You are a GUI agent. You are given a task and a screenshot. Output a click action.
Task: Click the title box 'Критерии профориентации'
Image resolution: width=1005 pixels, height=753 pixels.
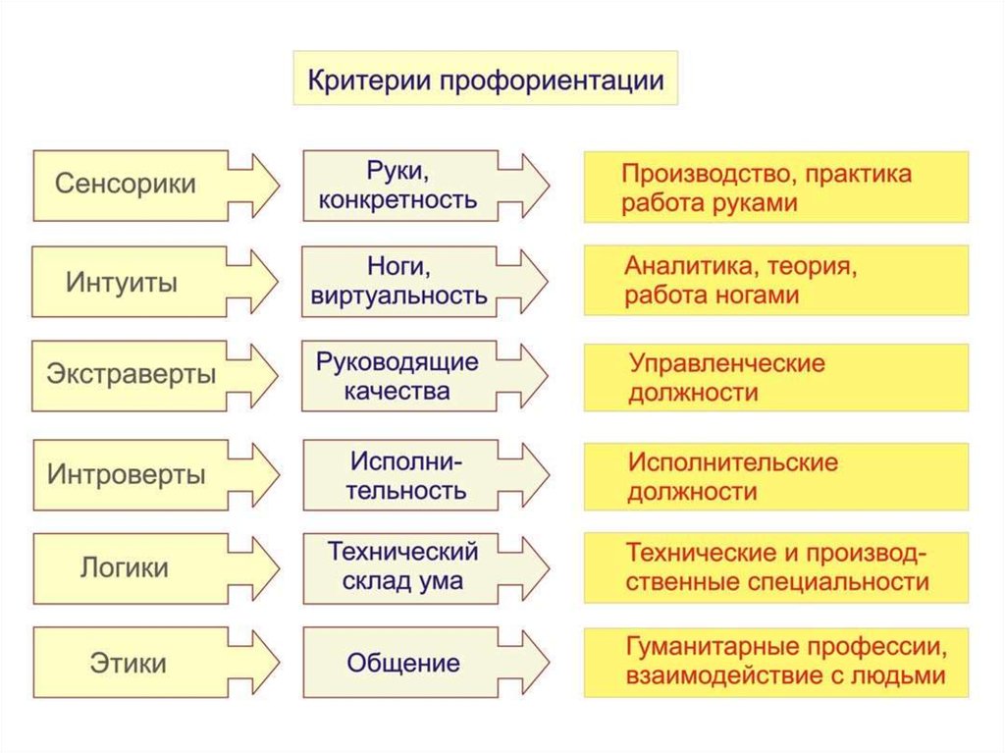(486, 79)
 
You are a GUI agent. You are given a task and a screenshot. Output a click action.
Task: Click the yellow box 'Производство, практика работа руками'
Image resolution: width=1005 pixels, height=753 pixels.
(775, 188)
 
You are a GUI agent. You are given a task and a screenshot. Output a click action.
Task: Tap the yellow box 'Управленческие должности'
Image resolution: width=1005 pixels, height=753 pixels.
(775, 377)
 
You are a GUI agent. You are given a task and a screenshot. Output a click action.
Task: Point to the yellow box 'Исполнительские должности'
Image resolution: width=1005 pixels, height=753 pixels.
(775, 476)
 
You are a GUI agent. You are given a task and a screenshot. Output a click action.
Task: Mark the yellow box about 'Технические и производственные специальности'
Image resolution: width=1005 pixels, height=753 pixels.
(775, 567)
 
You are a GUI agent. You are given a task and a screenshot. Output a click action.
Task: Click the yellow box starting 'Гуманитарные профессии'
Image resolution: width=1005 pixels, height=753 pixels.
(775, 663)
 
